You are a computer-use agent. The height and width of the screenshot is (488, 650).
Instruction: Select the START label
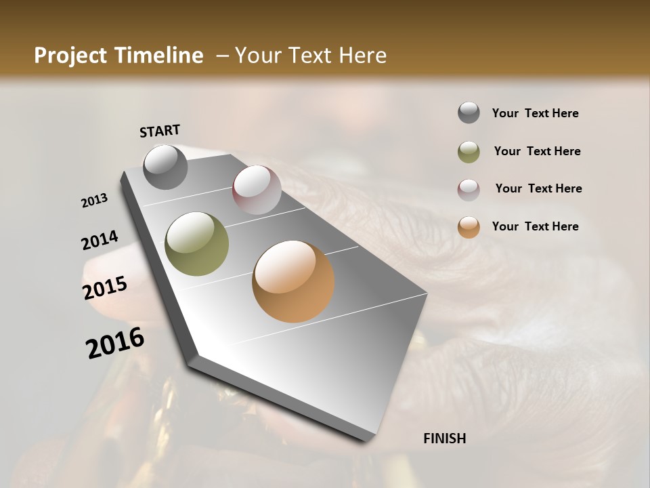(160, 131)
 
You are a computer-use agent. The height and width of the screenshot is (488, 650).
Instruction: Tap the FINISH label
(444, 439)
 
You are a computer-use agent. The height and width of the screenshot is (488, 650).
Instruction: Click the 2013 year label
(94, 201)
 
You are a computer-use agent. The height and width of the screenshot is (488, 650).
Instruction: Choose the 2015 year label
(105, 288)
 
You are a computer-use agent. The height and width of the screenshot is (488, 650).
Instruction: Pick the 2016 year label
(115, 343)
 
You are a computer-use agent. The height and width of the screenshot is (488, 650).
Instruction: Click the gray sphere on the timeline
(165, 167)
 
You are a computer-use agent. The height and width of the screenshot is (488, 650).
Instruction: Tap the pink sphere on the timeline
(257, 190)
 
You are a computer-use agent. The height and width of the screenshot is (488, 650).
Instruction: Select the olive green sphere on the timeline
(197, 244)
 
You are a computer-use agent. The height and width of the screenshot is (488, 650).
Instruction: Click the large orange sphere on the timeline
(293, 281)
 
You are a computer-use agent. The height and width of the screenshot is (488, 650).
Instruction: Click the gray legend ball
(469, 113)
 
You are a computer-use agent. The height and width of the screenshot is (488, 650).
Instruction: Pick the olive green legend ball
(469, 152)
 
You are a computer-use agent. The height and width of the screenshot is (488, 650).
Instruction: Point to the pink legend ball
(469, 190)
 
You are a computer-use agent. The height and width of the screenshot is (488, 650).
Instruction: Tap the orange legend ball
(469, 227)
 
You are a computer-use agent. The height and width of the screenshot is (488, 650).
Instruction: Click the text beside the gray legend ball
(535, 113)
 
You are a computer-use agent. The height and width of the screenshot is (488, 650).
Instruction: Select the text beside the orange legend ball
(535, 226)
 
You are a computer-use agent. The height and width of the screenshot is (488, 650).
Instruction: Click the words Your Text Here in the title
(311, 56)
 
